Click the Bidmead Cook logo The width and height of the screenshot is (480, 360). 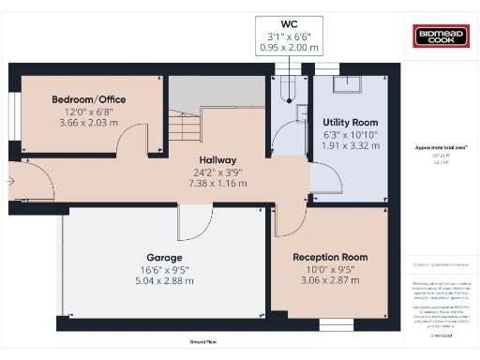tap(438, 37)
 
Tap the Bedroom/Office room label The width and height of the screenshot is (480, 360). tap(89, 99)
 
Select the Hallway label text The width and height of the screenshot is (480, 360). tap(217, 160)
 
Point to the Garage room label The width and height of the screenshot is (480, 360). tap(164, 257)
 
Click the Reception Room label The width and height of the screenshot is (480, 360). tap(330, 257)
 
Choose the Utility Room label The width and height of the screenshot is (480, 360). tap(350, 123)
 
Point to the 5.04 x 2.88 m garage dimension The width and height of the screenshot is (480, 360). tap(164, 280)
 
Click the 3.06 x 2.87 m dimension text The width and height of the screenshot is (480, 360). tap(330, 280)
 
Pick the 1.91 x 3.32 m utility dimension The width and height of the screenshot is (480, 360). tap(350, 146)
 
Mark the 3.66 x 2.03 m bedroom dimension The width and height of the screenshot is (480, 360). tap(89, 123)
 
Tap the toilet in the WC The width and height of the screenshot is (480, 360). tap(288, 89)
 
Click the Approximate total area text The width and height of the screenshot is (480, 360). tap(441, 148)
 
